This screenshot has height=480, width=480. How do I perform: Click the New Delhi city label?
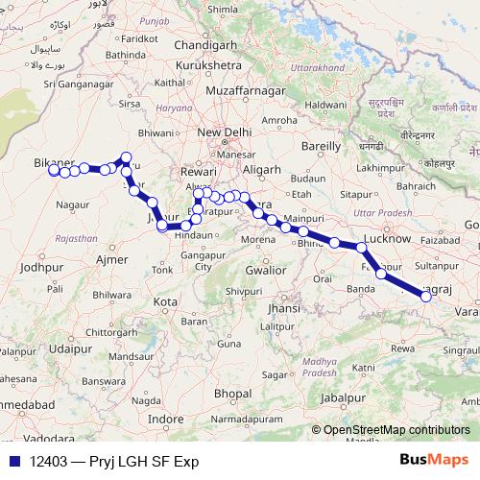pos(224,133)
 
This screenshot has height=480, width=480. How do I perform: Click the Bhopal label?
pos(233,394)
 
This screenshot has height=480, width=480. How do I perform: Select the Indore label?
pos(165,420)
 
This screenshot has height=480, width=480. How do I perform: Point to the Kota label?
pos(166,301)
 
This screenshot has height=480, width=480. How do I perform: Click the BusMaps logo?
pos(434,461)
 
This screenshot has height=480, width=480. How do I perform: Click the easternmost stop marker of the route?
pos(427,298)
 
